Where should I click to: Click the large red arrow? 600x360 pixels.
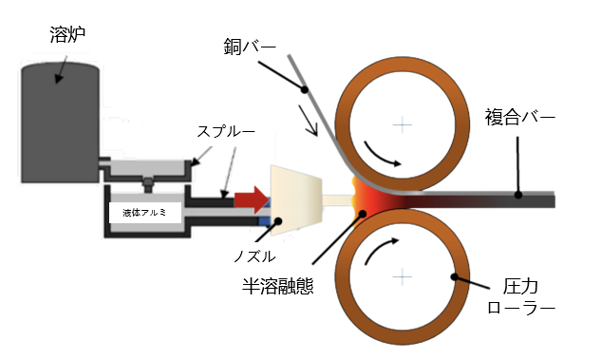tap(251, 199)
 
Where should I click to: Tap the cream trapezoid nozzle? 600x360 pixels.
tap(294, 199)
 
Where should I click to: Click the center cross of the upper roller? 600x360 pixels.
tap(404, 123)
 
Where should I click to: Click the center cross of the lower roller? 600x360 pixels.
tap(404, 275)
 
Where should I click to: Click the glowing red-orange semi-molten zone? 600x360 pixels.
tap(366, 199)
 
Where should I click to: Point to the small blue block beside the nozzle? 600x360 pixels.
tap(265, 220)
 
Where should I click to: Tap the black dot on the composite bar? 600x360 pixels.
tap(518, 196)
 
